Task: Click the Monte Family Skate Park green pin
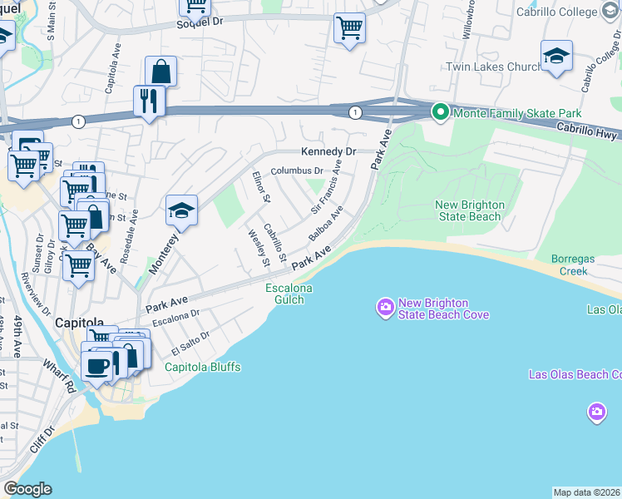[x=440, y=112]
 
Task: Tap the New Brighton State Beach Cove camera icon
[x=385, y=309]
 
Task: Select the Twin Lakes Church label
[x=494, y=67]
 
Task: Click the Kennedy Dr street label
[x=328, y=151]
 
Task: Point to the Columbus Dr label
[x=296, y=170]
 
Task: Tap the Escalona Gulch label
[x=289, y=294]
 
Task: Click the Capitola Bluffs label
[x=202, y=367]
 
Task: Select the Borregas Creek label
[x=574, y=265]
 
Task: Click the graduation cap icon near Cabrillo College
[x=556, y=56]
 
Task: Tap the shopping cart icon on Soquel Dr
[x=350, y=27]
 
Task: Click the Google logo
[x=27, y=489]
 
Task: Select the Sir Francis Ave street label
[x=326, y=186]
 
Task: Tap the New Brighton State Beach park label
[x=468, y=211]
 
